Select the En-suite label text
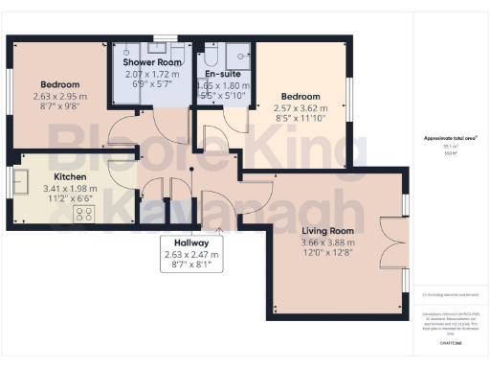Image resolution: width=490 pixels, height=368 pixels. click(222, 73)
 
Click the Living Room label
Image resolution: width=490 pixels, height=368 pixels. click(328, 231)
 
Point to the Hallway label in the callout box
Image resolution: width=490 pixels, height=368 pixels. click(191, 243)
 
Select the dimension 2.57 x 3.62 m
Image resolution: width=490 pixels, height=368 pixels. click(301, 108)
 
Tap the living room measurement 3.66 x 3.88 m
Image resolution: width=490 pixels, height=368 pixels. click(328, 243)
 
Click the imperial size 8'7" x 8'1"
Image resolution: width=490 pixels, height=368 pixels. click(191, 266)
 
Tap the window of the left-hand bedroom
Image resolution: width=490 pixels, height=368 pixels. click(10, 96)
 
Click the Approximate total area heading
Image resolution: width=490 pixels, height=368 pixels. click(450, 138)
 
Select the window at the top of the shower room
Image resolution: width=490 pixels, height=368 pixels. click(165, 37)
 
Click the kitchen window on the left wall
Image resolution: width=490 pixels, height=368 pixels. click(10, 180)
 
